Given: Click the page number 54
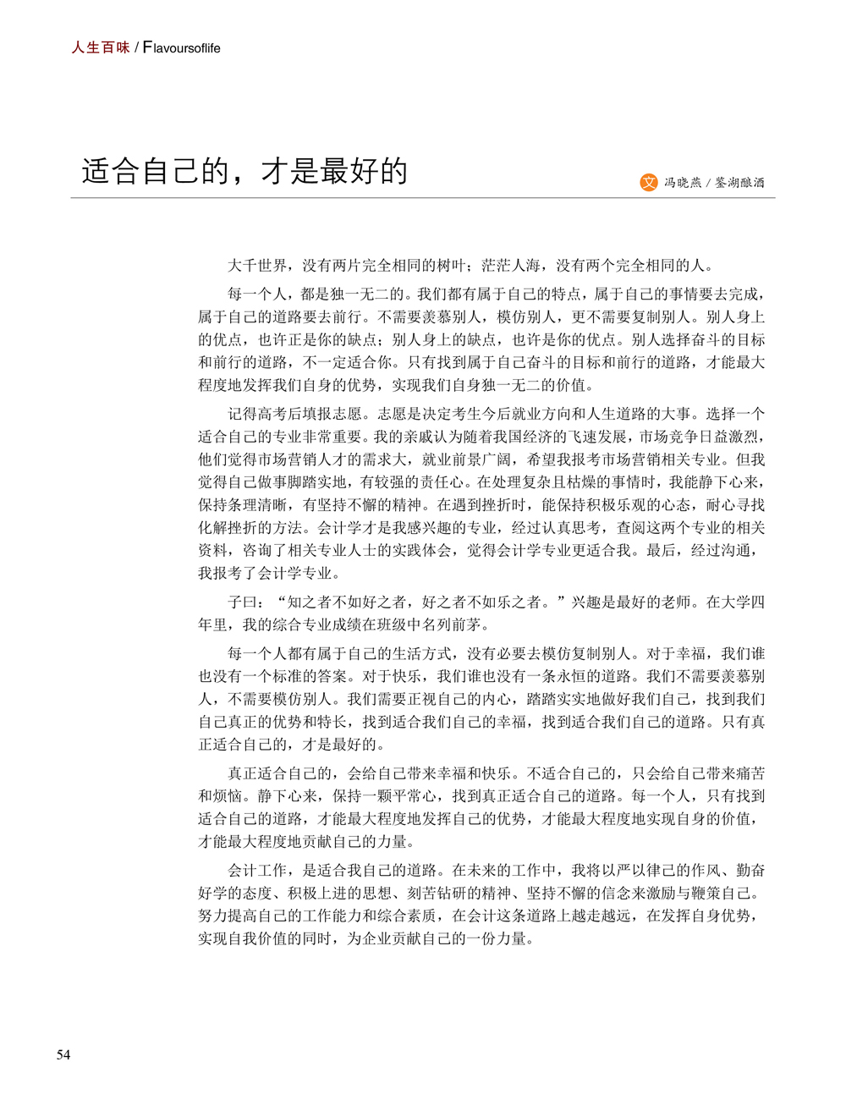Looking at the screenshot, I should pyautogui.click(x=63, y=1054).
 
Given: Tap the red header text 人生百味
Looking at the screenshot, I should pyautogui.click(x=101, y=48).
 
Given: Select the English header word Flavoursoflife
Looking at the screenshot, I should pyautogui.click(x=182, y=48).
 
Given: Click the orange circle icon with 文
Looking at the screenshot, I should pyautogui.click(x=649, y=182).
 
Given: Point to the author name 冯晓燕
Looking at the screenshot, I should pyautogui.click(x=683, y=183).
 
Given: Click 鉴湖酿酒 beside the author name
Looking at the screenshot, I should pyautogui.click(x=739, y=183).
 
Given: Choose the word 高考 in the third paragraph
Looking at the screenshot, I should pyautogui.click(x=287, y=414).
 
